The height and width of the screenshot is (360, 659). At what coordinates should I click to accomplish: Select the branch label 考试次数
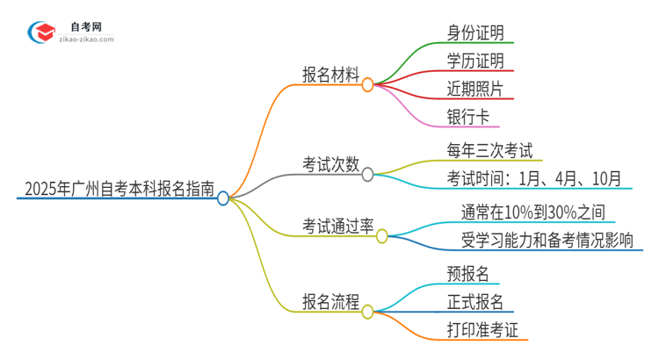point(329,163)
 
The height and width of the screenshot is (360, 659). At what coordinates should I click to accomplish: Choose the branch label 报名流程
point(329,302)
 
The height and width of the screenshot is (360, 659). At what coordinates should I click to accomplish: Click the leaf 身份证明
point(474,33)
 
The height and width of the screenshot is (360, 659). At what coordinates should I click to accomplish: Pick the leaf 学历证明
point(474,61)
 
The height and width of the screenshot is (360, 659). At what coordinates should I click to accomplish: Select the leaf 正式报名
point(474,302)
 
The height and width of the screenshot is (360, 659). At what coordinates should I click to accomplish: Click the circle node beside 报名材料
point(368,85)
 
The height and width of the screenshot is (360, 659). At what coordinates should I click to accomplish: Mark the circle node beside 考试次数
point(368,173)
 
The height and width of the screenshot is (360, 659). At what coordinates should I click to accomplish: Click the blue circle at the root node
point(223,198)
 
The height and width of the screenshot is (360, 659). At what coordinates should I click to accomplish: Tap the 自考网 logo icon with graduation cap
point(40,33)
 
